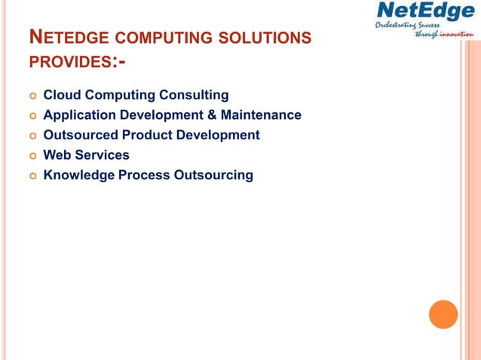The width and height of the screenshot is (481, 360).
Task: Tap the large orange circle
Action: coord(443,314)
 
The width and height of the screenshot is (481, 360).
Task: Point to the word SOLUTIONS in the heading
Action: coord(268,38)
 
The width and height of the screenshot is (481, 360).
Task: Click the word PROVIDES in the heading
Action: coord(69,60)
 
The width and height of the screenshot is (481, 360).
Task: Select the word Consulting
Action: coord(192,96)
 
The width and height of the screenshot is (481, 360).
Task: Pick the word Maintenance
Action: coord(261,115)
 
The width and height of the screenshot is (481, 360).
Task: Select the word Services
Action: coord(102,155)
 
